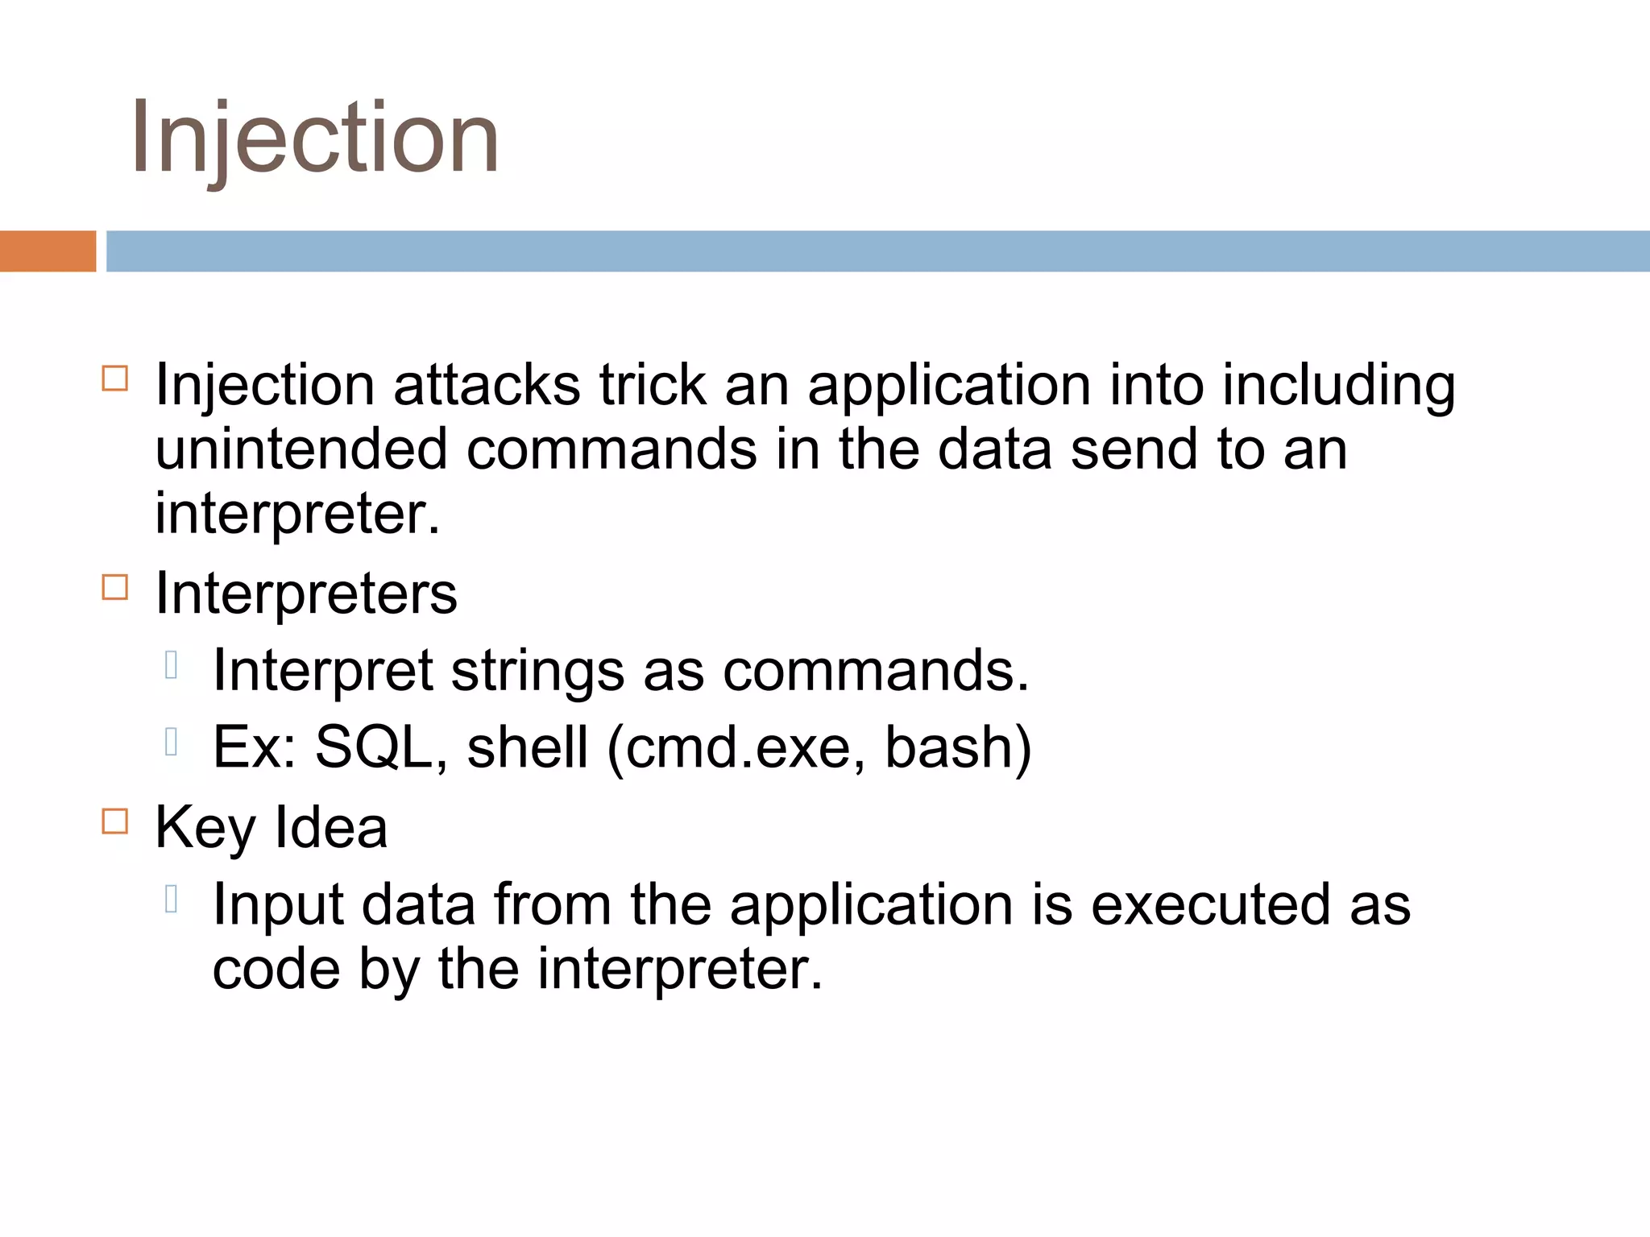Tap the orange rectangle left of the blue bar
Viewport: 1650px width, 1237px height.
[x=48, y=251]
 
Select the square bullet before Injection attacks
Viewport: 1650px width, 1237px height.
[x=115, y=379]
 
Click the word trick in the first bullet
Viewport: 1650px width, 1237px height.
[x=652, y=385]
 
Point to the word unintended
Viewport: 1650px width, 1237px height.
[x=301, y=449]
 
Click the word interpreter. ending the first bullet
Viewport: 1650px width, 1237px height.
[x=297, y=514]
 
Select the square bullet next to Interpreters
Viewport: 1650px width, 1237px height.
[x=115, y=587]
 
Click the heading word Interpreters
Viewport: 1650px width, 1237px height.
[x=305, y=594]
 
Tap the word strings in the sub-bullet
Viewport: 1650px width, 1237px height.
[x=537, y=671]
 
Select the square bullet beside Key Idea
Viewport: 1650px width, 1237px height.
[x=115, y=821]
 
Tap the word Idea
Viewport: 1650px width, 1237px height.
[x=330, y=827]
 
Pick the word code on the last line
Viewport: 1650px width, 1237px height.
[x=276, y=970]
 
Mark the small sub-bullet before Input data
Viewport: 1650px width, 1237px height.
[x=171, y=899]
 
